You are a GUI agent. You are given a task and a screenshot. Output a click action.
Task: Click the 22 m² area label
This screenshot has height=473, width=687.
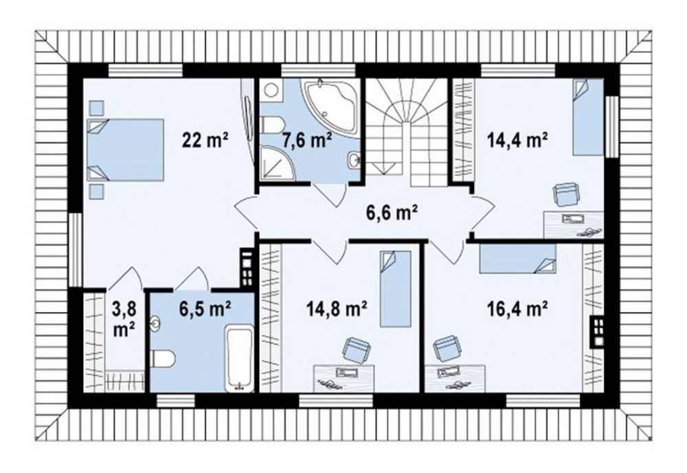(205, 140)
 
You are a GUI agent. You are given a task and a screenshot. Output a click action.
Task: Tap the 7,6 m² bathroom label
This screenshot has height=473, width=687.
(306, 140)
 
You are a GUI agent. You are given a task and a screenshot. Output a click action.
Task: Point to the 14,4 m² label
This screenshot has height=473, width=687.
(517, 140)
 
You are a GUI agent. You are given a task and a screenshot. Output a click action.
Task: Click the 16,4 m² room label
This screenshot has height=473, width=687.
(517, 310)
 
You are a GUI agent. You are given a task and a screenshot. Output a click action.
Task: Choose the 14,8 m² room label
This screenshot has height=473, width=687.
(337, 310)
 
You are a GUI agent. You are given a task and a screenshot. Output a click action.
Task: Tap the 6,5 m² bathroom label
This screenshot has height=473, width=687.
(205, 309)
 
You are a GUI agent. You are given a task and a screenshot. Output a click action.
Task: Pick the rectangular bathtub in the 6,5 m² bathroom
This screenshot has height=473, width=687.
(240, 359)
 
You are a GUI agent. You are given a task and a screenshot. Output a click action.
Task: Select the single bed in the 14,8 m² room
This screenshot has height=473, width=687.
(395, 289)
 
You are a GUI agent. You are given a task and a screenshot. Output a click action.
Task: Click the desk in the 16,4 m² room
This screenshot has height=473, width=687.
(455, 378)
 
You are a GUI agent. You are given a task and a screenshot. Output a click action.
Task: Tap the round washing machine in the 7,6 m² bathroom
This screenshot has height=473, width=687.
(271, 91)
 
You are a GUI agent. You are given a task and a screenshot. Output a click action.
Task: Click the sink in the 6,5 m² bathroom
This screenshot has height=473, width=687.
(155, 324)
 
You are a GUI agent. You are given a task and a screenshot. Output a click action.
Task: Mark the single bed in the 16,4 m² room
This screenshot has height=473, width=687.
(517, 258)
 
